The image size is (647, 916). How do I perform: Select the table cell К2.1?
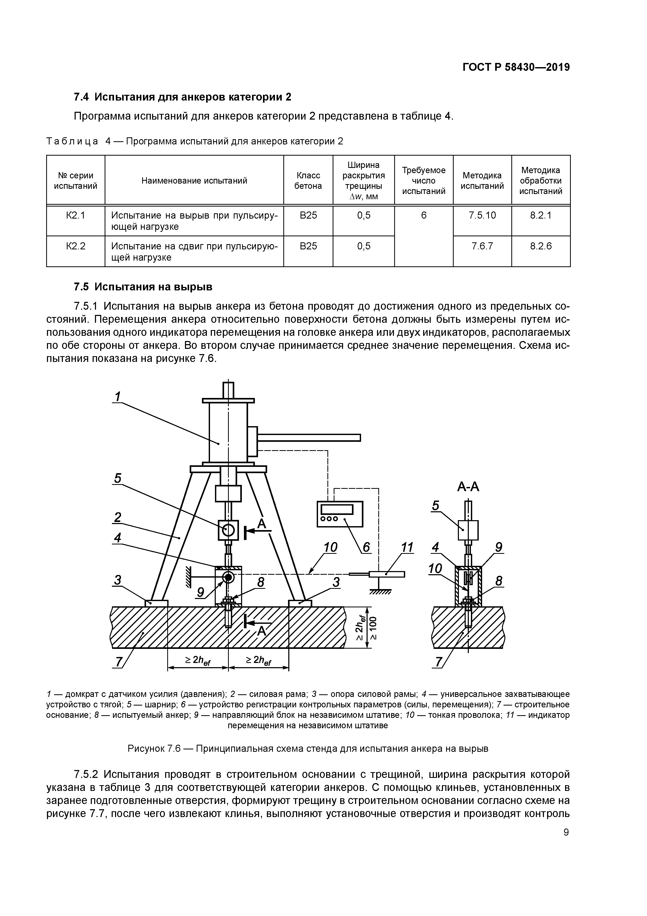click(76, 215)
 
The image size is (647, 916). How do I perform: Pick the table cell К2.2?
click(76, 246)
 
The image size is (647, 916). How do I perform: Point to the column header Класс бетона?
click(308, 181)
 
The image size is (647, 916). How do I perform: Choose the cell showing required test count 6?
click(423, 215)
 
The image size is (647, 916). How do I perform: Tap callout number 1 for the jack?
click(118, 397)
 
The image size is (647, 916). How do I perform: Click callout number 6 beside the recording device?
click(366, 547)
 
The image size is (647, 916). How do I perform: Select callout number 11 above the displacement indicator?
click(407, 547)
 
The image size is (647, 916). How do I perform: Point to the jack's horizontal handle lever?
click(309, 438)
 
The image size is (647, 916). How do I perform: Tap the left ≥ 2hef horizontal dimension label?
click(198, 661)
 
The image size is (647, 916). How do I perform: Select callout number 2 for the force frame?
click(118, 518)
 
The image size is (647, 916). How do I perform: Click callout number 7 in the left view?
click(118, 662)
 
